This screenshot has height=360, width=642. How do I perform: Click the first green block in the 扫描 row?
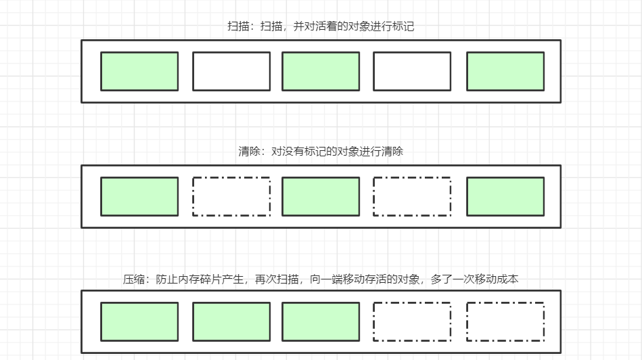pos(139,71)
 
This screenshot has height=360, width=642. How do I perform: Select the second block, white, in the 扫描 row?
pos(231,71)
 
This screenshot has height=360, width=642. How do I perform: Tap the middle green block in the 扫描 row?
pos(321,71)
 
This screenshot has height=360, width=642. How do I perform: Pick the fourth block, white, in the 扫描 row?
pos(412,71)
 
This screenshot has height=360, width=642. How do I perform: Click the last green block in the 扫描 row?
pos(505,71)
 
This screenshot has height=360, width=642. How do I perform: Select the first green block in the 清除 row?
pos(139,196)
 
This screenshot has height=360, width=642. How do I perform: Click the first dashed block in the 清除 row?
pos(231,196)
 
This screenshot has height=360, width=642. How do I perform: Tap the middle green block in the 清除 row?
pos(321,196)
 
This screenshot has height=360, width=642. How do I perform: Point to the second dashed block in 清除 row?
pos(412,196)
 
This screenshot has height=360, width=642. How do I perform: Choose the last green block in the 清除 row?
pos(505,196)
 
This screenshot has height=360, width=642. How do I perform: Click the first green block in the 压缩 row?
pos(139,321)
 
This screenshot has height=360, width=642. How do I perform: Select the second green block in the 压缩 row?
pos(231,321)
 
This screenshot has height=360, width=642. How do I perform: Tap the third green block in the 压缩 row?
pos(321,321)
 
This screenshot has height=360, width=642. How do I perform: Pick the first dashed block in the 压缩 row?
pos(412,321)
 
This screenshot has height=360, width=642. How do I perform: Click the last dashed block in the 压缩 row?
pos(505,321)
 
